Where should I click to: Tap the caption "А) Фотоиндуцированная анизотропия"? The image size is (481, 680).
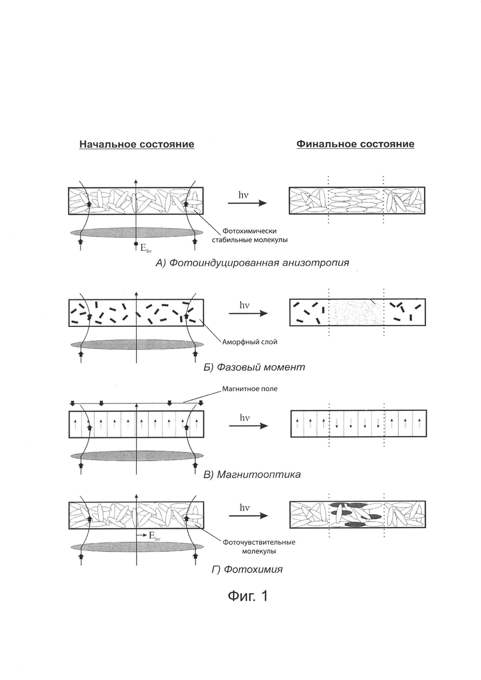click(252, 263)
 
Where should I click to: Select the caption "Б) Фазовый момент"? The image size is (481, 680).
click(254, 367)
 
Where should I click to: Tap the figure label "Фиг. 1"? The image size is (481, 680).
click(248, 596)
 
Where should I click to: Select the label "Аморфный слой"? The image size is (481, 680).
click(250, 342)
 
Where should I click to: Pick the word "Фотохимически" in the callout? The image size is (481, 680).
click(249, 231)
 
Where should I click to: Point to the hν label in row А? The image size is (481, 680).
click(243, 195)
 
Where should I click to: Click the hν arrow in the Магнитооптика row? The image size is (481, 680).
click(248, 426)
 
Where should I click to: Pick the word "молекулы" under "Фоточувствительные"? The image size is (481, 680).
click(259, 551)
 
